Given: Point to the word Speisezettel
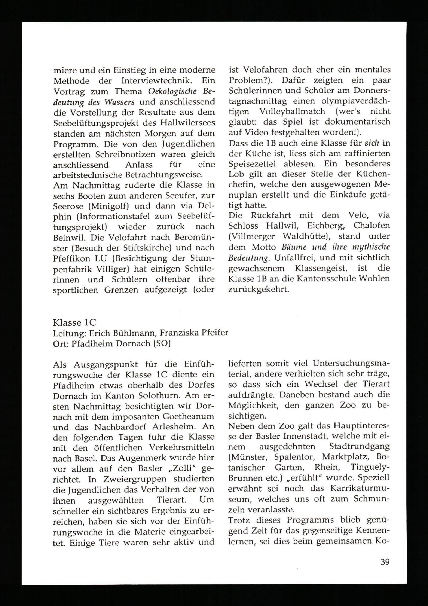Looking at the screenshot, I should point(252,164).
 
